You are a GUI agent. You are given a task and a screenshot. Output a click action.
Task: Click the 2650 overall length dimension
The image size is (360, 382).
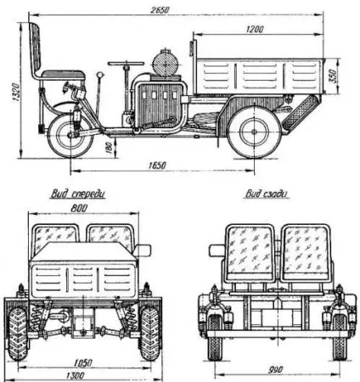[x=160, y=10]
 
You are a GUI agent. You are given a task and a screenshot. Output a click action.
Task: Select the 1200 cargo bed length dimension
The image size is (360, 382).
[x=255, y=29]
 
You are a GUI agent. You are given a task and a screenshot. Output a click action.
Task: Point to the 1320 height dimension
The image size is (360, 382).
[x=15, y=92]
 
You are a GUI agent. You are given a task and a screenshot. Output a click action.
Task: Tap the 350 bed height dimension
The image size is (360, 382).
[x=334, y=76]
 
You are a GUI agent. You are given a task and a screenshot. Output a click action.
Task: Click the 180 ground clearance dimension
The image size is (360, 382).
[x=109, y=147]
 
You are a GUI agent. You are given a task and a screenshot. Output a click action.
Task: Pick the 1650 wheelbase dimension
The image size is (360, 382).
[x=157, y=166]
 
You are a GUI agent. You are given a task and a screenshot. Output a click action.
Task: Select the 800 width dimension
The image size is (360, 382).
[x=79, y=208]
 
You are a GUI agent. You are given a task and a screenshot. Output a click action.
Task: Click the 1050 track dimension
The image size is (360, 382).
[x=83, y=362]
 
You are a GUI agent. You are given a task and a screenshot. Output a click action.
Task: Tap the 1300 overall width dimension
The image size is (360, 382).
[x=76, y=375]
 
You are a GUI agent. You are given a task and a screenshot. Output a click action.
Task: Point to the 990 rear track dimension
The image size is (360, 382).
[x=275, y=369]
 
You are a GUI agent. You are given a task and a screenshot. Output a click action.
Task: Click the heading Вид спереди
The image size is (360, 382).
[x=78, y=194]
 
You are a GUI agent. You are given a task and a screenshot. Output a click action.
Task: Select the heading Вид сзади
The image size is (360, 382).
[x=267, y=194]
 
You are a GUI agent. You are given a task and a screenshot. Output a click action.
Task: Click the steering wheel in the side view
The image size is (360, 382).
[x=126, y=64]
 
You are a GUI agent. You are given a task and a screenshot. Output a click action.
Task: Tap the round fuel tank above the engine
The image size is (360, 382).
[x=166, y=63]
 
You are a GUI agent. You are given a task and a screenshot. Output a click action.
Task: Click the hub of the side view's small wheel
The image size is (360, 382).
[x=70, y=136]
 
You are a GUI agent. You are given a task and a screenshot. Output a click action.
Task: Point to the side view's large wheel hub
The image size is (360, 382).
[x=254, y=132]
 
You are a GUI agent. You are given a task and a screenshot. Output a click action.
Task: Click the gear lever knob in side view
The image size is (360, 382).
[x=99, y=75]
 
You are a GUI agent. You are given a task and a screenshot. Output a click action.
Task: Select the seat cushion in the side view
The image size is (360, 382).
[x=63, y=75]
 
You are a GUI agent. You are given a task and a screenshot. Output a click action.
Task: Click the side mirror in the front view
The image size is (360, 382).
[x=143, y=250]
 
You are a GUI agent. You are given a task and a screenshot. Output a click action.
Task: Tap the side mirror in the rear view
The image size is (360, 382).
[x=217, y=250]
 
